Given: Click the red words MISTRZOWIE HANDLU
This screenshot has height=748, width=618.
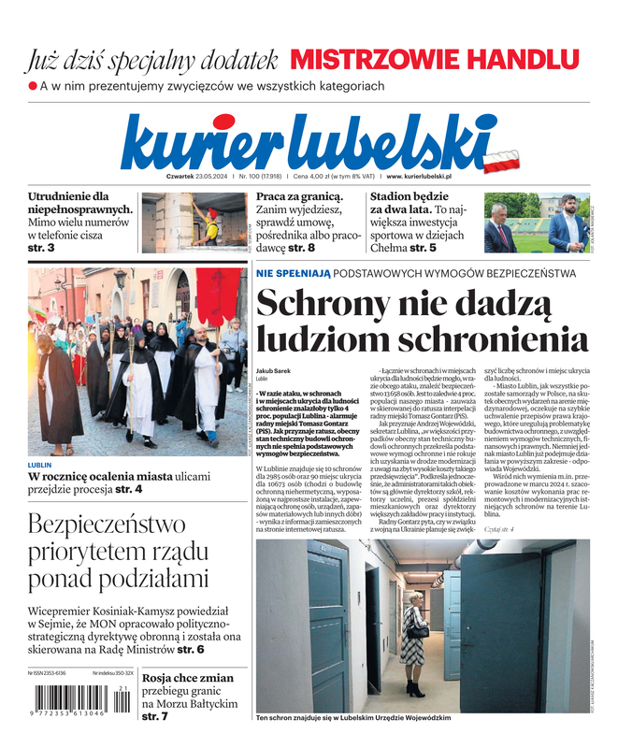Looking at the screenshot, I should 435,59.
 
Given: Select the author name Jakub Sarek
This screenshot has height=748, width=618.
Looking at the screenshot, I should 275,370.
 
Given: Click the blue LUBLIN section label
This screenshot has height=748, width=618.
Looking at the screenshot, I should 40,465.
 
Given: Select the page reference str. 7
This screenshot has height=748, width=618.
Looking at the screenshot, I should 155,716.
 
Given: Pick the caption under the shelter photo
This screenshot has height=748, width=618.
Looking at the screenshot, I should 352,718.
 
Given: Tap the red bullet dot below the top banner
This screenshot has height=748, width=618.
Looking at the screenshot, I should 32,86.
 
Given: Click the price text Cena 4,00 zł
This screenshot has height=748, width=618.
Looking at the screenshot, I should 290,176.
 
